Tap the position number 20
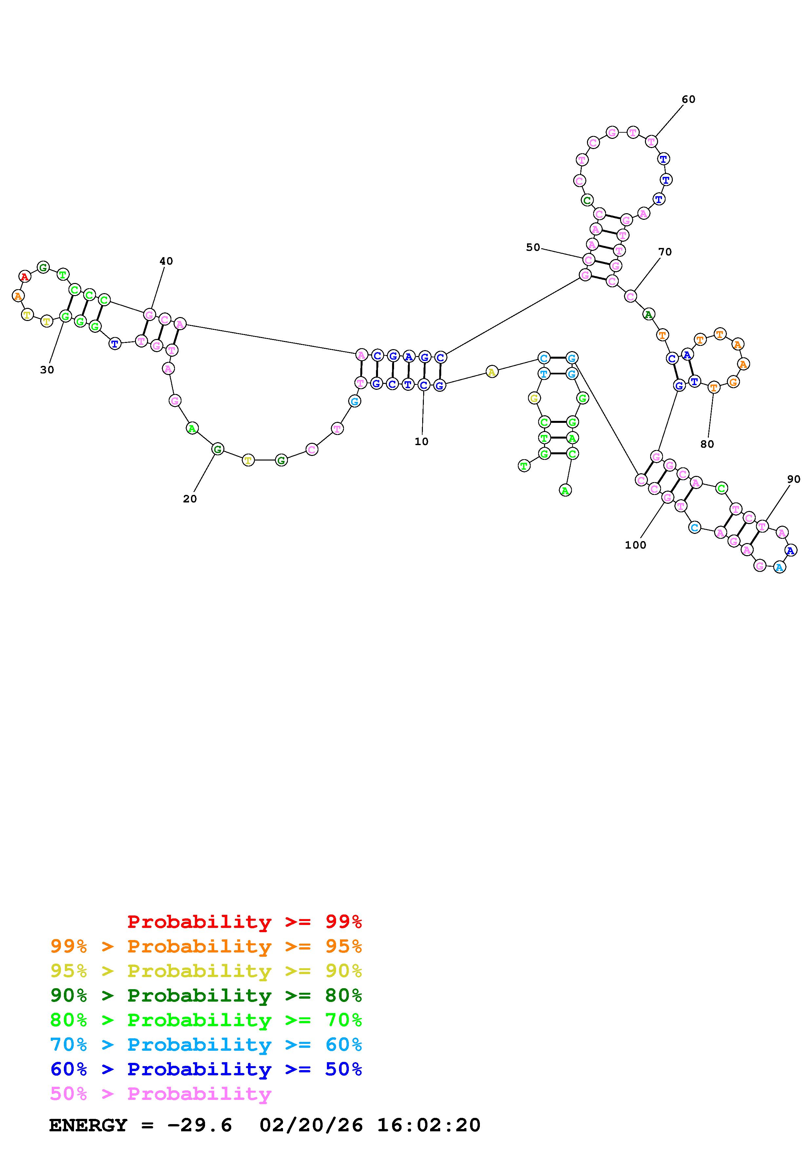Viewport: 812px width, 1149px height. tap(190, 499)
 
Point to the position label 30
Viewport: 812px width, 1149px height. tap(47, 370)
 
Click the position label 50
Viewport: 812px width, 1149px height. tap(533, 247)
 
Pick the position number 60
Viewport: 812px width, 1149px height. tap(689, 99)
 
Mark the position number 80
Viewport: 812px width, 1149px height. tap(707, 444)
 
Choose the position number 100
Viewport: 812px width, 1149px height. tap(635, 545)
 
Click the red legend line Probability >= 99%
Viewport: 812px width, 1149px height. tap(245, 921)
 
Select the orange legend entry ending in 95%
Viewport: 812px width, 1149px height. tap(206, 946)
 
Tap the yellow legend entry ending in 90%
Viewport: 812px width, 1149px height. tap(206, 971)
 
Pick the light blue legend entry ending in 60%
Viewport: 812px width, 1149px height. tap(206, 1045)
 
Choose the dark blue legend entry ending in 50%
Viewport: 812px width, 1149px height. tap(206, 1069)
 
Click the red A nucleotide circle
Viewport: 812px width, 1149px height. tap(25, 276)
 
